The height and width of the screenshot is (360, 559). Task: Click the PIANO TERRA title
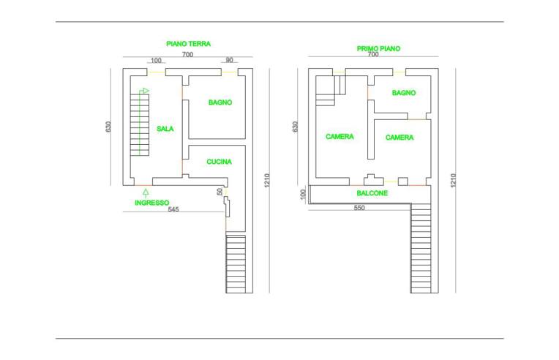(x=188, y=44)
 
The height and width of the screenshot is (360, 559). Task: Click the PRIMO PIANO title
(x=378, y=48)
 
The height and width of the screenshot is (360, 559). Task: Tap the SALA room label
(x=165, y=129)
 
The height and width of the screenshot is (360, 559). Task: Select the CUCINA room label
(x=219, y=162)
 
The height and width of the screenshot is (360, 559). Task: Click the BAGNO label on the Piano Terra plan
(x=220, y=102)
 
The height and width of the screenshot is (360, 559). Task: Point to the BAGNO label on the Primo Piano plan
(x=404, y=93)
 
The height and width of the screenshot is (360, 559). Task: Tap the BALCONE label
(x=372, y=193)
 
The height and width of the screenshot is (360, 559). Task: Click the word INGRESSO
(x=152, y=203)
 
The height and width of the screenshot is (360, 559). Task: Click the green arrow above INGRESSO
(x=146, y=193)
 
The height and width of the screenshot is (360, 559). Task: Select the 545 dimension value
(x=173, y=209)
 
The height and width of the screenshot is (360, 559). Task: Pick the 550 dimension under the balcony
(x=359, y=208)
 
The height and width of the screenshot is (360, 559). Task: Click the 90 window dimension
(x=230, y=60)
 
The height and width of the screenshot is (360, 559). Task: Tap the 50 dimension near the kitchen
(x=220, y=192)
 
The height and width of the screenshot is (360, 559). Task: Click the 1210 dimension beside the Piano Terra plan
(x=267, y=180)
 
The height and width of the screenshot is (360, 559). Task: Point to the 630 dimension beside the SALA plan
(x=108, y=127)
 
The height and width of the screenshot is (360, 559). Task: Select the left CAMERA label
(x=339, y=137)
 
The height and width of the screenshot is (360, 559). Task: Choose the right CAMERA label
(x=399, y=138)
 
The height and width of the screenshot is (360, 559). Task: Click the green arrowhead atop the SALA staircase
(x=146, y=91)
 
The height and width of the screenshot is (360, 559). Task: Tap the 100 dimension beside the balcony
(x=303, y=194)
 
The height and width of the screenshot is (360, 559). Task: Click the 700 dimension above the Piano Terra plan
(x=187, y=55)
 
